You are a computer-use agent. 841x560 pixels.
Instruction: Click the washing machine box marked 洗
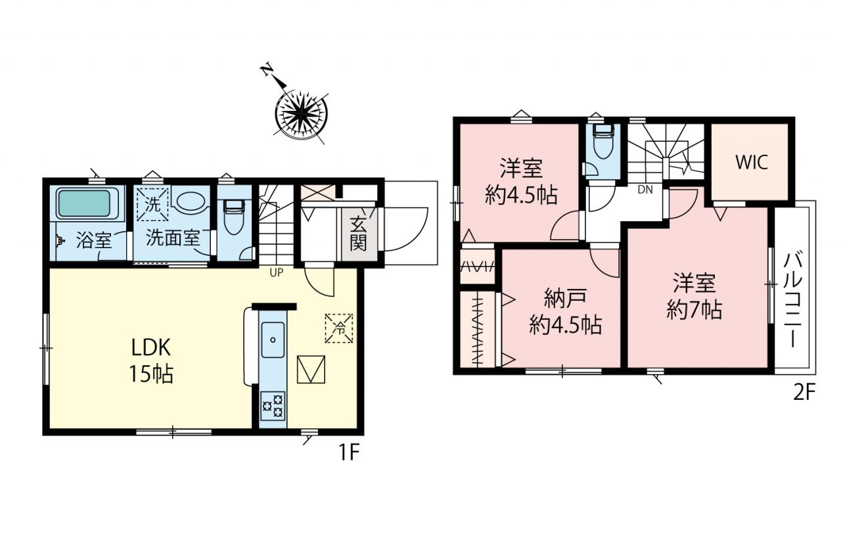pyautogui.click(x=152, y=204)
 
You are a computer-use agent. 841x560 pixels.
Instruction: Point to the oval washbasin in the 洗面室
pyautogui.click(x=191, y=202)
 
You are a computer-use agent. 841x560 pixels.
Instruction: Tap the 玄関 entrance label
pyautogui.click(x=358, y=234)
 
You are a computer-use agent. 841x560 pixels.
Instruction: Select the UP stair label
pyautogui.click(x=277, y=272)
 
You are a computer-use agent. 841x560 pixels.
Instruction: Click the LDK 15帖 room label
pyautogui.click(x=151, y=360)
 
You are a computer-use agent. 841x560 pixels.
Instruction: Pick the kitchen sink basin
pyautogui.click(x=273, y=340)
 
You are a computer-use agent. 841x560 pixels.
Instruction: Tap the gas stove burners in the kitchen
pyautogui.click(x=273, y=406)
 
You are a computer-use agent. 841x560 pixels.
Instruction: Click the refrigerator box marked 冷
pyautogui.click(x=339, y=328)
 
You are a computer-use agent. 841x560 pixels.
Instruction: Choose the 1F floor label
pyautogui.click(x=350, y=454)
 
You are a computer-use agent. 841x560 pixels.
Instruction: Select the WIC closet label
pyautogui.click(x=751, y=162)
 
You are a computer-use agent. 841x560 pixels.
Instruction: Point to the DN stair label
pyautogui.click(x=645, y=190)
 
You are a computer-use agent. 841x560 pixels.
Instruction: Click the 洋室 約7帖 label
pyautogui.click(x=694, y=297)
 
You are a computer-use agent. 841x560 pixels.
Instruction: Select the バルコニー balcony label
pyautogui.click(x=792, y=299)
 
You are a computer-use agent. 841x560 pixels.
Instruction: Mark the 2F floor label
pyautogui.click(x=804, y=394)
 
